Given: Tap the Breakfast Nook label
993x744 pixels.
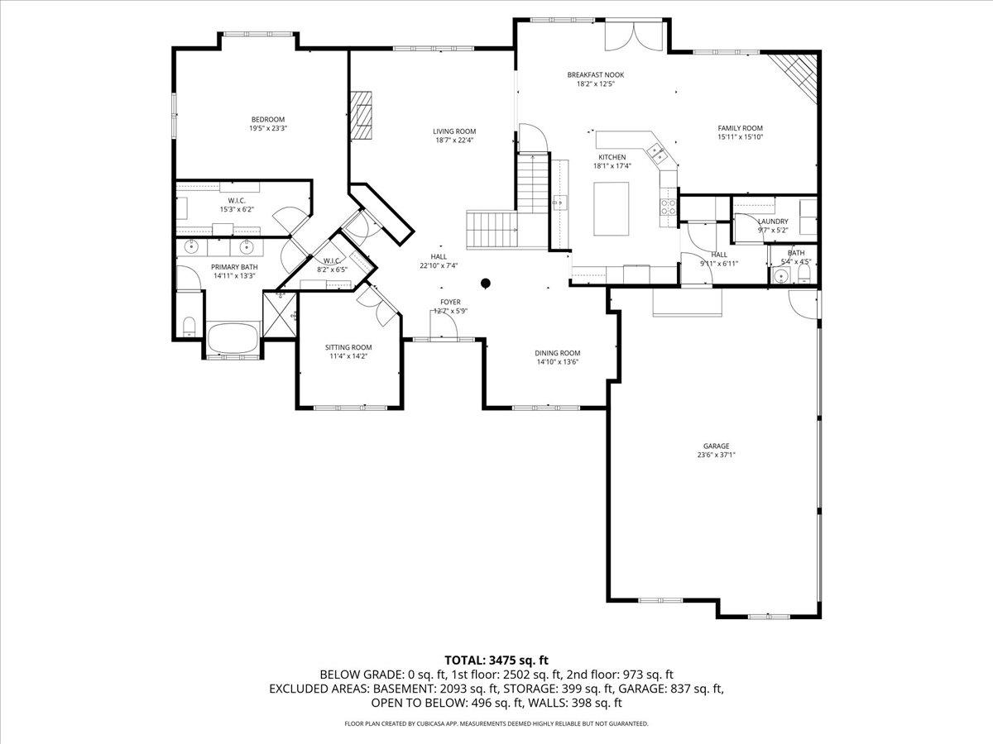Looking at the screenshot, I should pyautogui.click(x=596, y=74).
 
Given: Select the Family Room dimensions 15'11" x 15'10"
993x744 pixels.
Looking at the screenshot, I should pyautogui.click(x=740, y=137).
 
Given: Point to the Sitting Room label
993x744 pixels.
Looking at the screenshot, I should pyautogui.click(x=348, y=347).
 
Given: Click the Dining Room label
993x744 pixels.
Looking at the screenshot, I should pyautogui.click(x=558, y=353).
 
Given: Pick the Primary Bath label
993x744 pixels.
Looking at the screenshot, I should pyautogui.click(x=234, y=267).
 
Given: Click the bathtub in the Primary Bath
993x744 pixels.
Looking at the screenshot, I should pyautogui.click(x=233, y=339).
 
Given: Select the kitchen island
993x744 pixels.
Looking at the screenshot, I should pyautogui.click(x=612, y=208).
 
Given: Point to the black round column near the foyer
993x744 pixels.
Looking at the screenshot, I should pyautogui.click(x=486, y=284).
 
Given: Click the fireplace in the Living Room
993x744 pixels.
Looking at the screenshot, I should pyautogui.click(x=361, y=116).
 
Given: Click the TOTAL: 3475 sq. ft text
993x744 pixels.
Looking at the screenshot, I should pyautogui.click(x=496, y=660).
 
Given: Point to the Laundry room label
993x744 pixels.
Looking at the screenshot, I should pyautogui.click(x=773, y=222).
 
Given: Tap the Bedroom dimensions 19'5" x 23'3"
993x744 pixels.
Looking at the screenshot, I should pyautogui.click(x=268, y=128).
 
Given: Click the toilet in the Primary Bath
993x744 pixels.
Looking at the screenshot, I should pyautogui.click(x=188, y=325).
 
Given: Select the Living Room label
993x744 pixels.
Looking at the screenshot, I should pyautogui.click(x=454, y=131).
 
